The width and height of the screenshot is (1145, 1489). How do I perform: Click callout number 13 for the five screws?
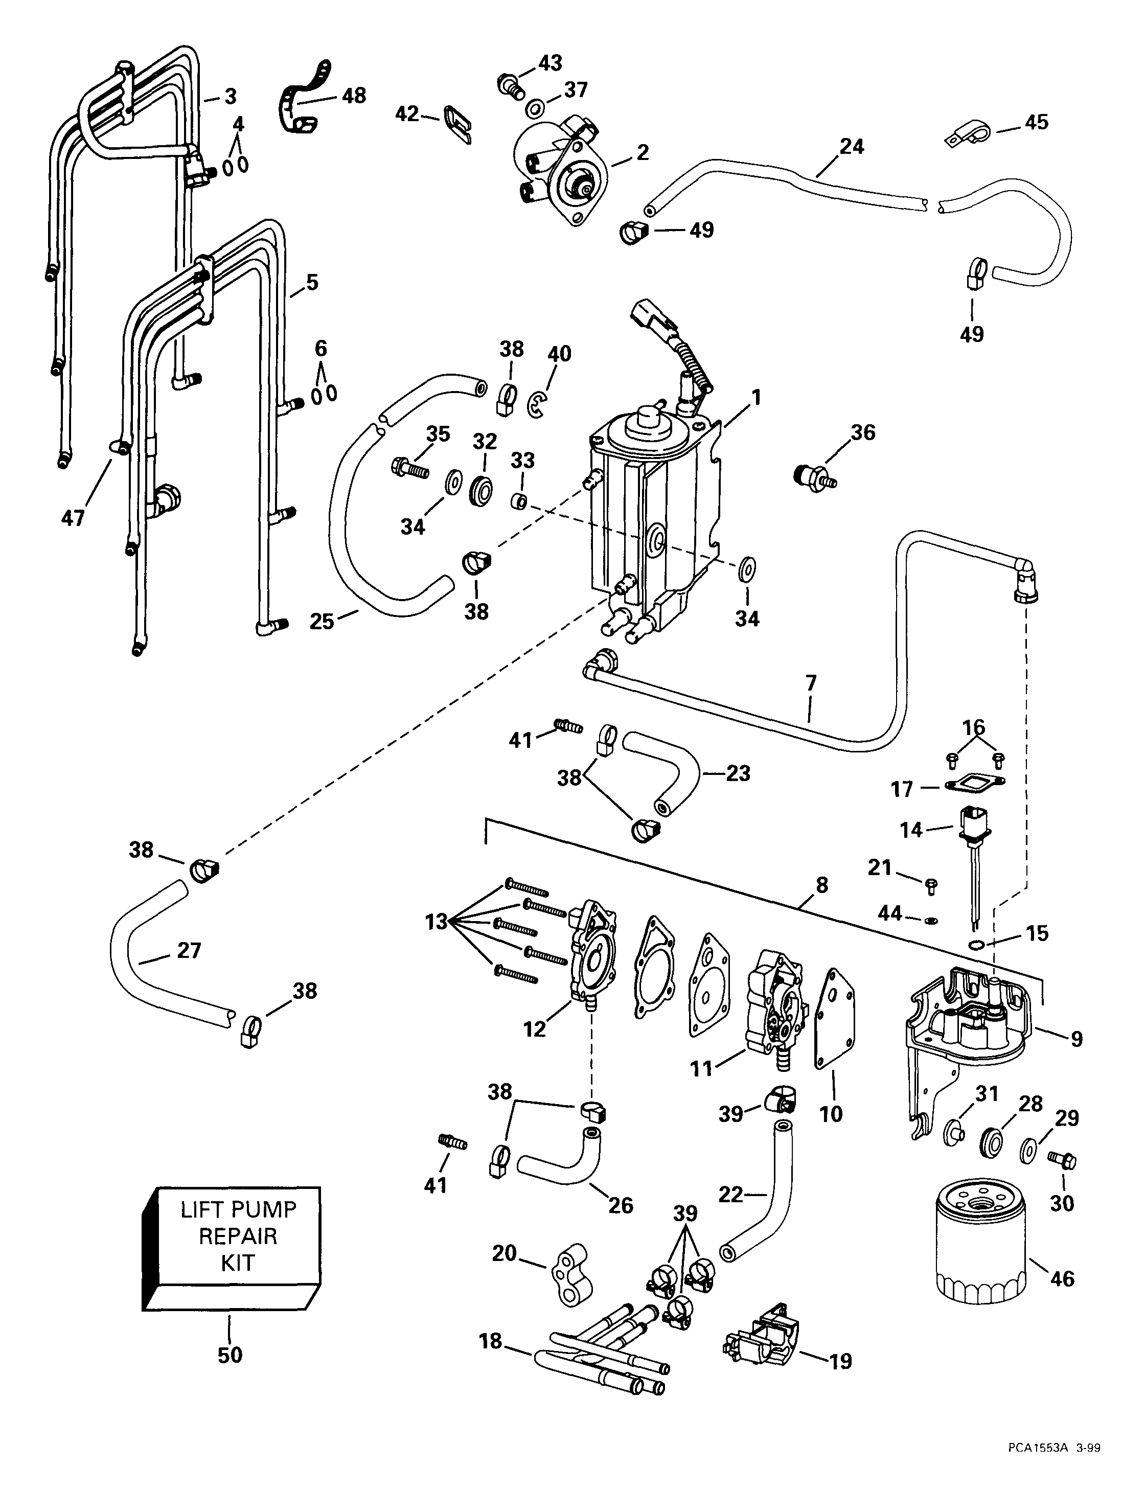point(436,922)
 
